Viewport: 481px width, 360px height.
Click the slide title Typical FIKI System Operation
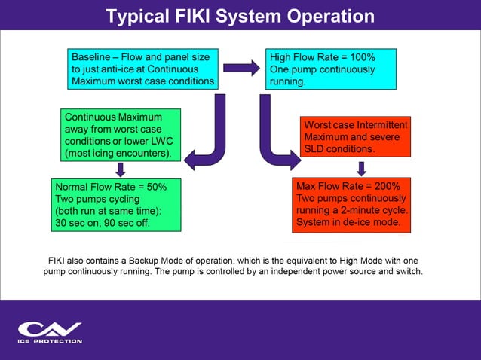click(x=240, y=16)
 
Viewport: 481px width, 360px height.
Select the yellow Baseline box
click(x=143, y=69)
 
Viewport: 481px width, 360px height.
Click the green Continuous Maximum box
click(x=121, y=136)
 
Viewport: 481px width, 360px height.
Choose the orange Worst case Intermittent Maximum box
click(x=355, y=137)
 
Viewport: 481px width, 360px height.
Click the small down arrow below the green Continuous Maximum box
click(x=121, y=169)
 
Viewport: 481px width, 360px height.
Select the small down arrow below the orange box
click(x=362, y=169)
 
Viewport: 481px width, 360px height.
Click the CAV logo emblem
click(x=49, y=329)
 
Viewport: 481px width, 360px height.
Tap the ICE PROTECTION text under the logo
click(x=49, y=341)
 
